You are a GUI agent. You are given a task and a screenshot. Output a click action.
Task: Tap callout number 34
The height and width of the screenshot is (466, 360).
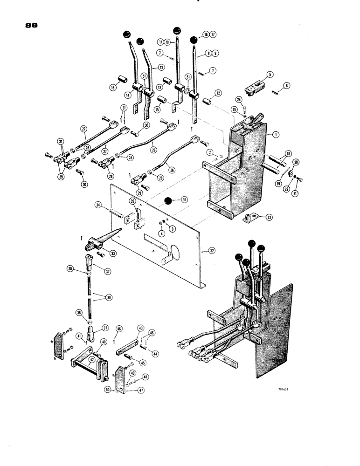[98, 205]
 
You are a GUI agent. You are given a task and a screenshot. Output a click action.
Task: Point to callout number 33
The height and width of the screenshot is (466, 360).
[113, 253]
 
